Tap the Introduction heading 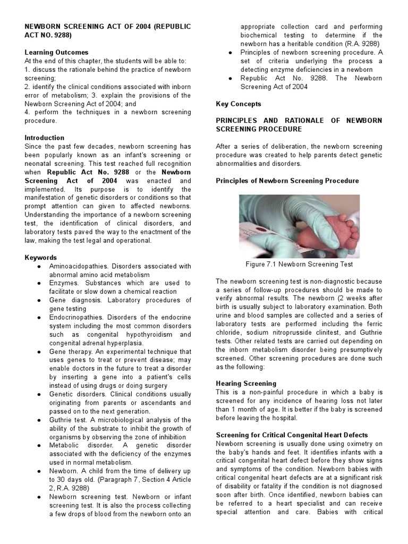coord(45,138)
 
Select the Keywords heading coord(40,258)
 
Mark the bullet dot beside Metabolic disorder coord(40,446)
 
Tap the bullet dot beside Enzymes coord(40,283)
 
